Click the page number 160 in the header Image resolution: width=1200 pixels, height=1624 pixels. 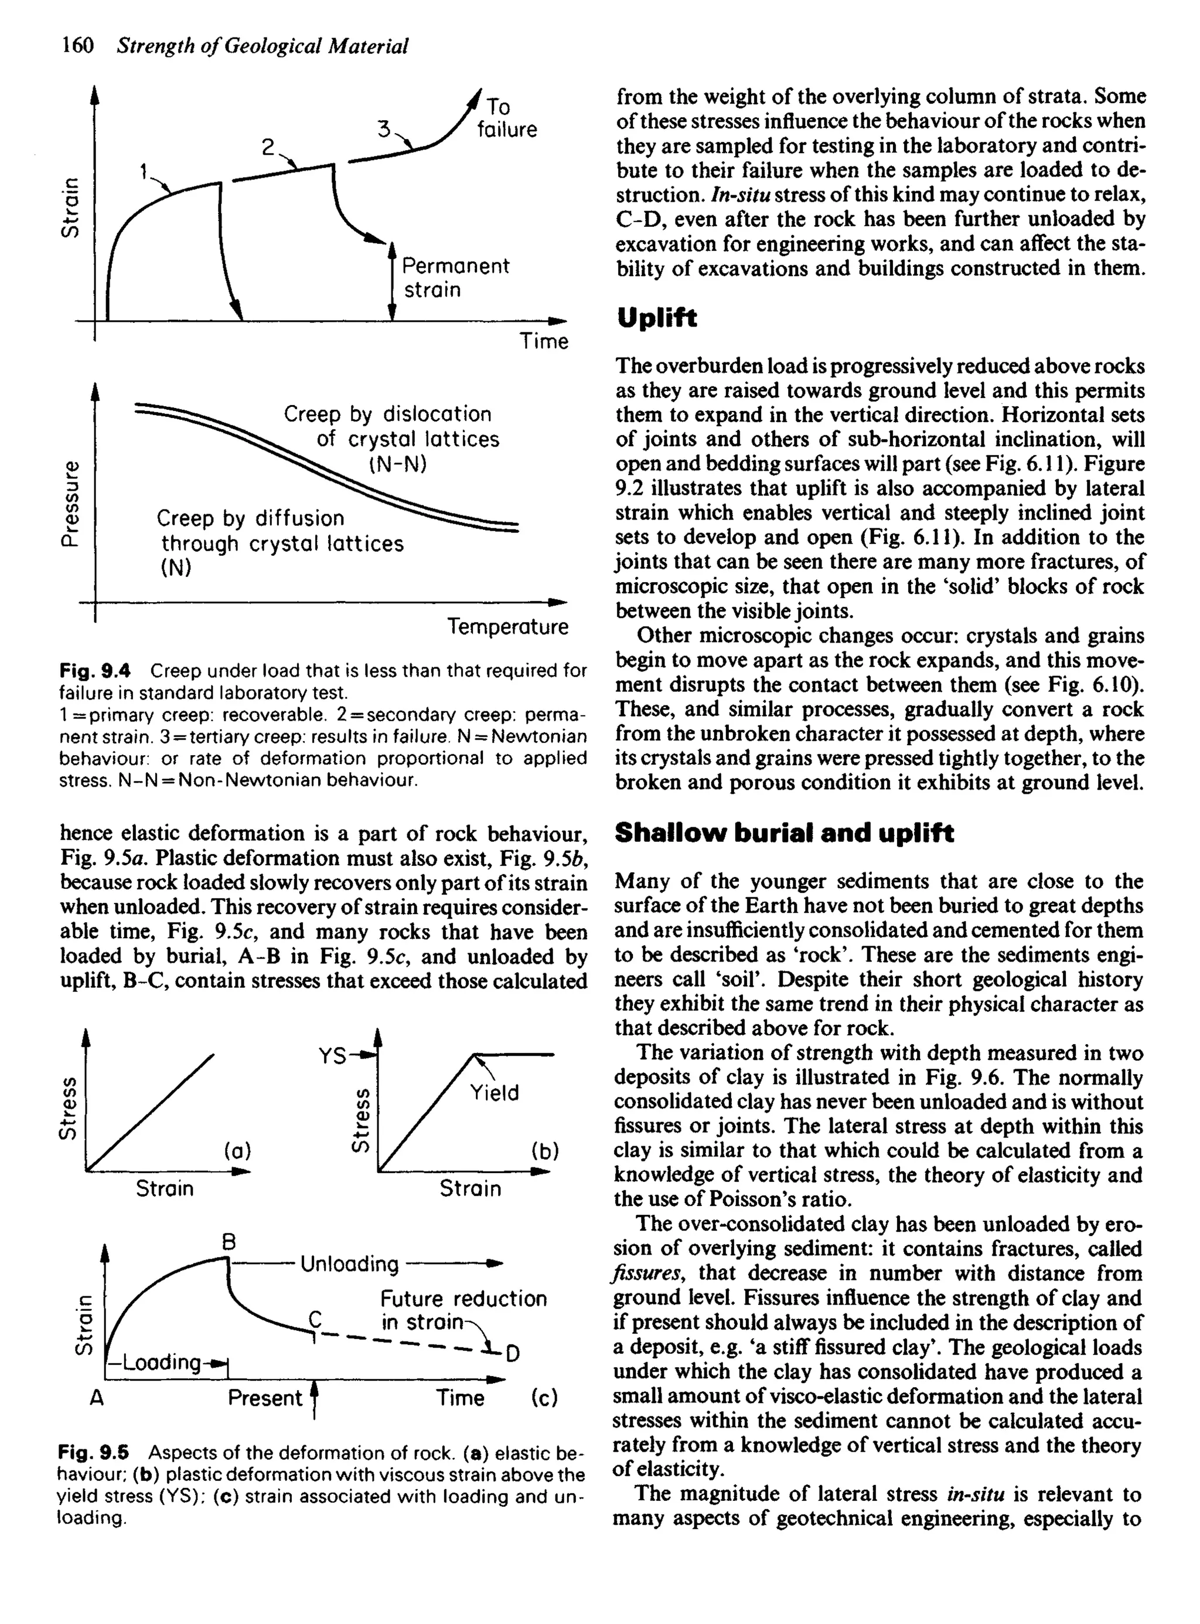(x=78, y=46)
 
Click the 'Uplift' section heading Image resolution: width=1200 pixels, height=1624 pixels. (x=656, y=318)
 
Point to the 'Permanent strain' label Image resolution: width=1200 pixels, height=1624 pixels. (x=455, y=277)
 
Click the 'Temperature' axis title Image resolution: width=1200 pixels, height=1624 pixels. (x=508, y=626)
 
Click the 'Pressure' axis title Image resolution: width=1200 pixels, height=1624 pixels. (x=70, y=502)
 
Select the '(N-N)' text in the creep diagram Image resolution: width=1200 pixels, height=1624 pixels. (x=397, y=464)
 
